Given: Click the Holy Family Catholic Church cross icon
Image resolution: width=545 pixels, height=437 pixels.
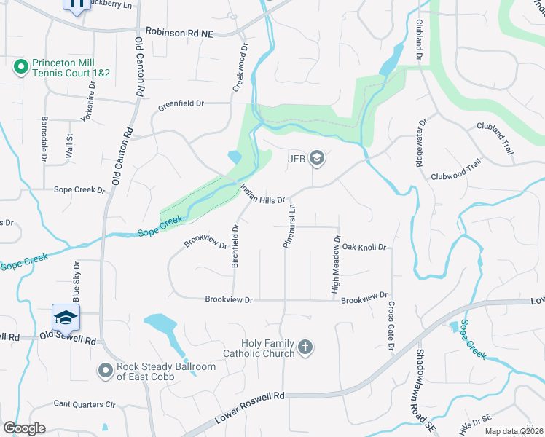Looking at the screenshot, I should coord(305,347).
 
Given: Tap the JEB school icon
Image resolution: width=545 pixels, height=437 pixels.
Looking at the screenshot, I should coord(317,157).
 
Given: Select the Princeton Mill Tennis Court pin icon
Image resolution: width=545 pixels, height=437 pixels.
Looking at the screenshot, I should coord(20,69).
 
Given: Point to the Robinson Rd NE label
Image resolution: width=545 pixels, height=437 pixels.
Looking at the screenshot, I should coord(180,31).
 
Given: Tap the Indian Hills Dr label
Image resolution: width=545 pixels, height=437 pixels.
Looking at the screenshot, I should coord(262,193).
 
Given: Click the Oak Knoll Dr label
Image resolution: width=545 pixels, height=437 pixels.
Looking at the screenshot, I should coord(363,248).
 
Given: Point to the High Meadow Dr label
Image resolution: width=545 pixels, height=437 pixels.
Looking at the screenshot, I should coord(336,264).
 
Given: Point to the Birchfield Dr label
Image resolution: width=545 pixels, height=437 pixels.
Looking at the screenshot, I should coord(235,246).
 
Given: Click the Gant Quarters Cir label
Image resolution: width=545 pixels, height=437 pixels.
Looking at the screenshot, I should coord(85,404).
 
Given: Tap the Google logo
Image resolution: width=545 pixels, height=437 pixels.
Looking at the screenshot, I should coord(24,428).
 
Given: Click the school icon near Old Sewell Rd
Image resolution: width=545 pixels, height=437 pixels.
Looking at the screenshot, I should coord(66,318).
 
